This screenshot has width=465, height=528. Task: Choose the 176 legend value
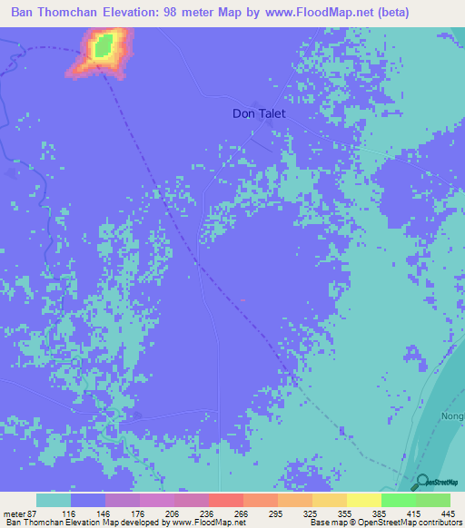[x=139, y=513]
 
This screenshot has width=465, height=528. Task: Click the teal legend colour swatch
[x=54, y=500]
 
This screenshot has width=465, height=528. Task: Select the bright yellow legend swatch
[x=364, y=500]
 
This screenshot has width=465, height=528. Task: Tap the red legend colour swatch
[x=226, y=500]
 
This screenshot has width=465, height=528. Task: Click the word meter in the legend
[x=14, y=513]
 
